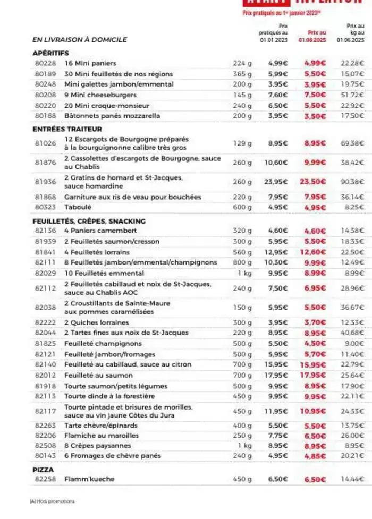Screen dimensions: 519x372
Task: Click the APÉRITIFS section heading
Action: tap(51, 53)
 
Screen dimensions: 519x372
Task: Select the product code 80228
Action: tap(45, 63)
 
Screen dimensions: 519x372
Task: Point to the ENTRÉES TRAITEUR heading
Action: tap(67, 129)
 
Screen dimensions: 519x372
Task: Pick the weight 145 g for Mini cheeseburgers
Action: tap(243, 95)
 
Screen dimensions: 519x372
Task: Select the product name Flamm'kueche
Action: tap(89, 479)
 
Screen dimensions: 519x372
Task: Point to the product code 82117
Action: tap(45, 411)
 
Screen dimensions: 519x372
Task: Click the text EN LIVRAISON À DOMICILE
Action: tap(80, 40)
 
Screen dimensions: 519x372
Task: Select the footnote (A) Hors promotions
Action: tap(52, 501)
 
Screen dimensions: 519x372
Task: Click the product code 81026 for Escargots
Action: tap(45, 143)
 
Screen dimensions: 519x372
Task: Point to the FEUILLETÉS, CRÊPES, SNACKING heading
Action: tap(89, 221)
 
